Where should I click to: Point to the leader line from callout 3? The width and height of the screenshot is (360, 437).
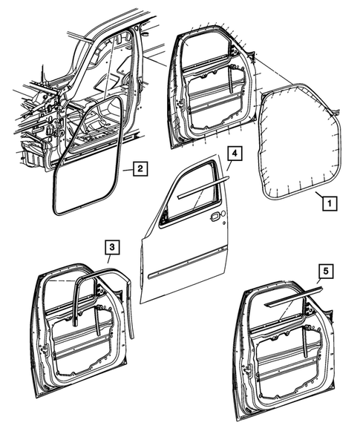tap(108, 260)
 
